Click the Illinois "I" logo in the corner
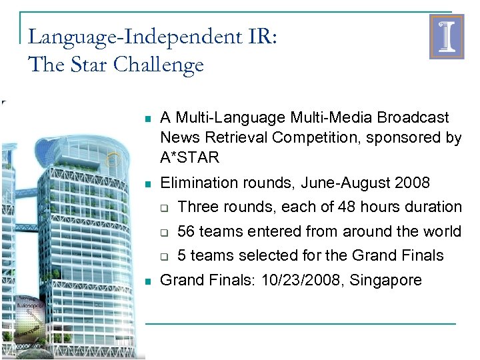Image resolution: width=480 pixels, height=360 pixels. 446,37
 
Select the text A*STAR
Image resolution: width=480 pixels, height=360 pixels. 189,158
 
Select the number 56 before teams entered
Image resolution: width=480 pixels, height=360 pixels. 187,231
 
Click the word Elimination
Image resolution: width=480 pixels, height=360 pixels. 195,183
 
